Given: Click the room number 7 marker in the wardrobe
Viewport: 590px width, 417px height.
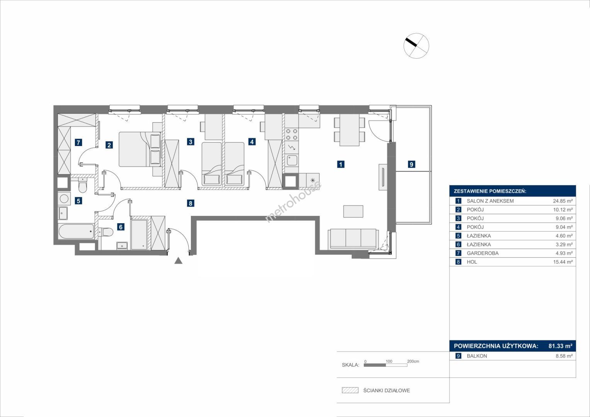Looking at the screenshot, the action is point(78,142).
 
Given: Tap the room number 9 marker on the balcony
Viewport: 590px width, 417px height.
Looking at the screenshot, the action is point(411,164).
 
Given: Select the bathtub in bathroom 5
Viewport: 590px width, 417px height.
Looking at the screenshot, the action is point(77,231).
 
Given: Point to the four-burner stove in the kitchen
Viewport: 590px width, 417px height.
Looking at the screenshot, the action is point(292,134).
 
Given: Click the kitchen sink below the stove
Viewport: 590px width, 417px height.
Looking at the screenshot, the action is point(292,160).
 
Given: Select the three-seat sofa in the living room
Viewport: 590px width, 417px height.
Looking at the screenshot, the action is point(353,238).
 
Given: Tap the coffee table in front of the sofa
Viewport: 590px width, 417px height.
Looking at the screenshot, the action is point(353,212).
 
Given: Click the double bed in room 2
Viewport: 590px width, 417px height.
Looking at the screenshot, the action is point(140,149).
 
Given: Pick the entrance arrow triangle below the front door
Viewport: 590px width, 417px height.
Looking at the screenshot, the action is point(179,261).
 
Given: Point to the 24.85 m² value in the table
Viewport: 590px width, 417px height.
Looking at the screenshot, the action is point(563,201).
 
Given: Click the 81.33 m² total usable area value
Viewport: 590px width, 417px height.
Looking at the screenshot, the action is point(561,346).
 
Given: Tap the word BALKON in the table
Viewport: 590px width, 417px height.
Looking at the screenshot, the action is point(477,356).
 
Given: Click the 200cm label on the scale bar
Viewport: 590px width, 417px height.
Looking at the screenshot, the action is point(413,361).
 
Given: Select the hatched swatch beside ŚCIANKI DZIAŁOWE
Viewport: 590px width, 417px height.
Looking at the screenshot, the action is point(350,390).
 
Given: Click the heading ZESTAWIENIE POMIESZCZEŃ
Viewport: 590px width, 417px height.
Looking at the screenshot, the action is point(490,192).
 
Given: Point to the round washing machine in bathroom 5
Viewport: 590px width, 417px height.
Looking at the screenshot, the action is point(64,198).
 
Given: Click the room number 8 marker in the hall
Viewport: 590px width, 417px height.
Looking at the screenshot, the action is point(190,203).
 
